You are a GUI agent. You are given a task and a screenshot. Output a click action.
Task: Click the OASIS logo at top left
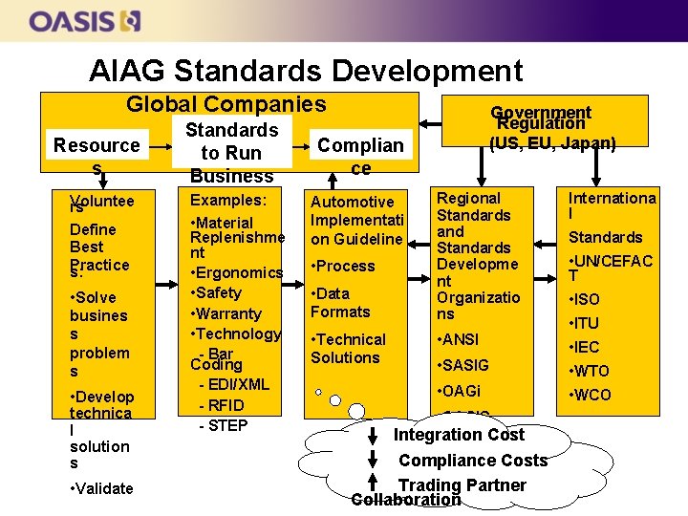point(85,20)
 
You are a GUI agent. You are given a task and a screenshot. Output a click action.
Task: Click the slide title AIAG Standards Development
point(306,71)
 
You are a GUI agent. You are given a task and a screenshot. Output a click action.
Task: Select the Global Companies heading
point(226,104)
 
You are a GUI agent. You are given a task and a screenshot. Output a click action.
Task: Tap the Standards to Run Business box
point(231,152)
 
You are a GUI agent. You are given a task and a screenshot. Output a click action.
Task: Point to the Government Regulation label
point(541,118)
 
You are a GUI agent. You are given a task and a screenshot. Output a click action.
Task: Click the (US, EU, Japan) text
point(552,143)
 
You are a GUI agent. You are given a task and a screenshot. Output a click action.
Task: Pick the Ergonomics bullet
point(237,272)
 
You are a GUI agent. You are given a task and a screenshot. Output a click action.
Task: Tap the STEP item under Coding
point(223,425)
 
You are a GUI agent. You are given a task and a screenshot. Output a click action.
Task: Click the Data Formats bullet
point(340,302)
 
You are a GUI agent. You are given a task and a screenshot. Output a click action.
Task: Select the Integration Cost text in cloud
point(459,435)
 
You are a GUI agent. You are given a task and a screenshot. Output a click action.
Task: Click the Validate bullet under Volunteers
point(101,488)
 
